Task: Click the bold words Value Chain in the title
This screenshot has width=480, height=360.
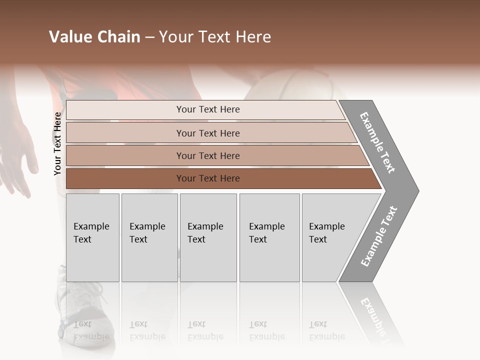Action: tap(94, 37)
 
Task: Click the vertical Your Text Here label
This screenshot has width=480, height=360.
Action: tap(57, 143)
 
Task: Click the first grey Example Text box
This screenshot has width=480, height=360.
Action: tap(92, 237)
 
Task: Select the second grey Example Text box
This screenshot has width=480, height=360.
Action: tap(149, 237)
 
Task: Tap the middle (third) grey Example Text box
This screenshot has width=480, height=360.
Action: tap(208, 237)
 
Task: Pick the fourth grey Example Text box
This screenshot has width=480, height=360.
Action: tap(269, 237)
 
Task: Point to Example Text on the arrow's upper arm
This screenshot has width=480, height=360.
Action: tap(377, 142)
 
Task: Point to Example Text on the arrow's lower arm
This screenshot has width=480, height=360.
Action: tap(379, 236)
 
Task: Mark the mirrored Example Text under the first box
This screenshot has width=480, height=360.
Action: tap(91, 330)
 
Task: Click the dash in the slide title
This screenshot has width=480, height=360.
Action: tap(149, 37)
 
